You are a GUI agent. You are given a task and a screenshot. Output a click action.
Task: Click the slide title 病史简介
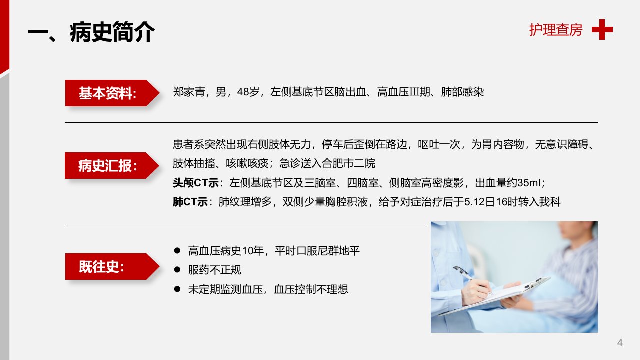pos(112,32)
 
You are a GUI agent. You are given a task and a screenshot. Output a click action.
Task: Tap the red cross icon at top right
pos(602,29)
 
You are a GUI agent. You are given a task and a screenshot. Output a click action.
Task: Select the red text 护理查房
pos(555,30)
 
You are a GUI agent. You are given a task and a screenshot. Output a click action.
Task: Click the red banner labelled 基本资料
pos(112,93)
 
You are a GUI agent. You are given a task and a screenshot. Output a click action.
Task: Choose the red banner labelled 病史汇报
pos(112,165)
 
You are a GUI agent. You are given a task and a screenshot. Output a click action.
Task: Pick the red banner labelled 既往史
pos(112,266)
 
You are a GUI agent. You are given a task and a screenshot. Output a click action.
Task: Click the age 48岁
pos(248,92)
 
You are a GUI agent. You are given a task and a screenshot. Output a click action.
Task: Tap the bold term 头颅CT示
pos(195,183)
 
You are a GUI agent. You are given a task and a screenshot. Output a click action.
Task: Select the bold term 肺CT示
pos(190,202)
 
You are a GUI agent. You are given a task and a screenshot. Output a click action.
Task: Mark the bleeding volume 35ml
pos(528,183)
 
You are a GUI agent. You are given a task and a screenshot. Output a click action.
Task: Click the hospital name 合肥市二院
pos(348,163)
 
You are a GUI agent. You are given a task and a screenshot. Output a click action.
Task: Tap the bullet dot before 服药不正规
pos(177,269)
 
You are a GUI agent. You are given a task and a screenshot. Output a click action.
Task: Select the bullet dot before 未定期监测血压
pos(177,289)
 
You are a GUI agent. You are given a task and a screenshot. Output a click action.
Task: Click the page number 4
pos(620,342)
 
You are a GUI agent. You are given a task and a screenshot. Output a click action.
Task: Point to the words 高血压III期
pos(403,92)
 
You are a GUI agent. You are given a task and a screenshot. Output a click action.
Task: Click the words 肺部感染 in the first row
pos(462,92)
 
